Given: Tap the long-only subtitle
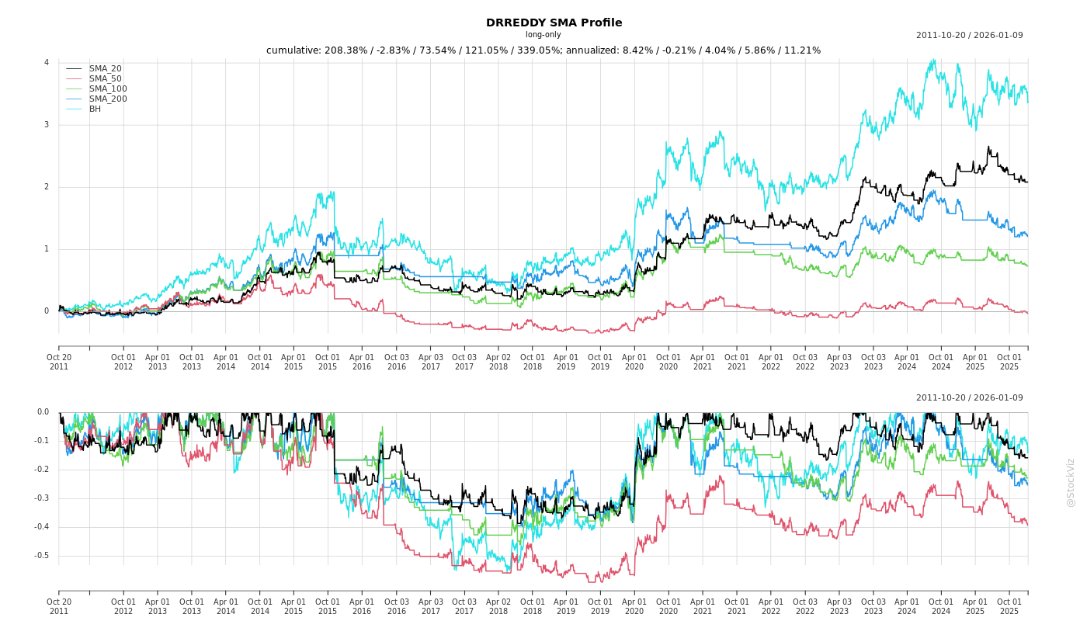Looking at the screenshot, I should click(543, 35).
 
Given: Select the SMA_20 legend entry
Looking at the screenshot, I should click(105, 69).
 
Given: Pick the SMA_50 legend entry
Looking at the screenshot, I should click(105, 79).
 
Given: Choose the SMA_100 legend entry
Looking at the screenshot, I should click(107, 89).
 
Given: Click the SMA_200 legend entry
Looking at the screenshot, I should click(107, 99).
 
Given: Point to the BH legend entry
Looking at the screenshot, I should click(95, 109).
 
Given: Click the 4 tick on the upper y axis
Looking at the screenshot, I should click(47, 63).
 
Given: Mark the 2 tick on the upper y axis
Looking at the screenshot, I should click(47, 187).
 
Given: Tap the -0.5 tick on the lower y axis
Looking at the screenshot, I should click(42, 556).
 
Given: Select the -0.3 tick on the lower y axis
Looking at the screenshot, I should click(42, 498).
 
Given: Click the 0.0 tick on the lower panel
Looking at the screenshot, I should click(43, 412).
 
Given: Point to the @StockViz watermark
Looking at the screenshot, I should click(1071, 482).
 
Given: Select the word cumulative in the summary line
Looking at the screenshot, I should click(292, 50).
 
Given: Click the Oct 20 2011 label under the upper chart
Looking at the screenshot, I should click(59, 362).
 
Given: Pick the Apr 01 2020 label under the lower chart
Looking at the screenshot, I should click(634, 606).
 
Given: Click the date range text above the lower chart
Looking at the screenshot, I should click(969, 398).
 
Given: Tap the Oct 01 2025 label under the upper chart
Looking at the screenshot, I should click(1009, 362).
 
